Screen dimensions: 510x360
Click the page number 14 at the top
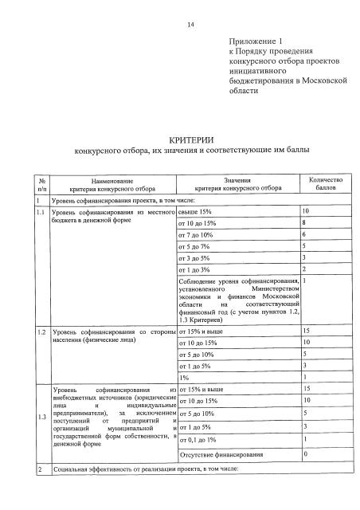pyautogui.click(x=190, y=25)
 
